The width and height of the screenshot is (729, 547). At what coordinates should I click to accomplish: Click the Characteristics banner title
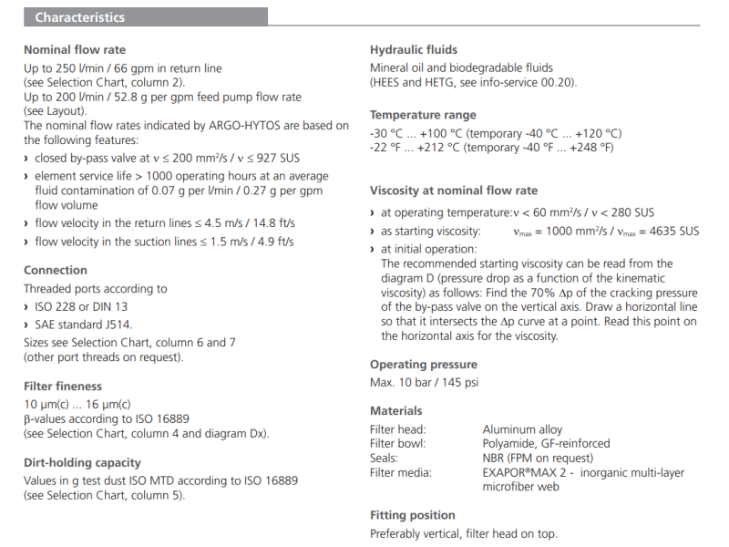pyautogui.click(x=80, y=17)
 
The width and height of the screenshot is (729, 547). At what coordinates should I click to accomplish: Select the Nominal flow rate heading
pyautogui.click(x=75, y=50)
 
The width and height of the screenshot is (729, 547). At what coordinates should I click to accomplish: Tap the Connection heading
pyautogui.click(x=56, y=270)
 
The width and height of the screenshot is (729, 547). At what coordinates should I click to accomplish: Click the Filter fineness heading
pyautogui.click(x=63, y=386)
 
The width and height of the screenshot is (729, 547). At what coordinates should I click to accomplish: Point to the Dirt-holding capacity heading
pyautogui.click(x=82, y=462)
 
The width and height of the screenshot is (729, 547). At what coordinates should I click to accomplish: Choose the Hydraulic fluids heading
pyautogui.click(x=414, y=50)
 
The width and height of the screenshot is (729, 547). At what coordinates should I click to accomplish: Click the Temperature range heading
pyautogui.click(x=423, y=115)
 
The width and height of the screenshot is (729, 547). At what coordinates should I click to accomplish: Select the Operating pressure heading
pyautogui.click(x=423, y=364)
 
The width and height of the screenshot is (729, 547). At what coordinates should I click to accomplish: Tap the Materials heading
pyautogui.click(x=396, y=411)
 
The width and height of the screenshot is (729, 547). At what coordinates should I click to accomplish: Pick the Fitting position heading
pyautogui.click(x=413, y=515)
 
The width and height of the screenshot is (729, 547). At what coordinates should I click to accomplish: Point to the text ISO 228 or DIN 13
pyautogui.click(x=81, y=306)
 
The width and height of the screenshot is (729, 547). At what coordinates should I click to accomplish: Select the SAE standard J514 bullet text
pyautogui.click(x=83, y=325)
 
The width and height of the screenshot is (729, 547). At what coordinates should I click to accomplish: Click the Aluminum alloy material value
pyautogui.click(x=522, y=429)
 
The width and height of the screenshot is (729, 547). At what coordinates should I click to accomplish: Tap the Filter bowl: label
pyautogui.click(x=398, y=444)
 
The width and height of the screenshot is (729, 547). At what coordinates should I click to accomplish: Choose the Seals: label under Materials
pyautogui.click(x=385, y=458)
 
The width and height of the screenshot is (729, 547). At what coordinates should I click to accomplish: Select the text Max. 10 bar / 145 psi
pyautogui.click(x=424, y=382)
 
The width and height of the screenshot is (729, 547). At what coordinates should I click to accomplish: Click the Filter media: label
pyautogui.click(x=401, y=472)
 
